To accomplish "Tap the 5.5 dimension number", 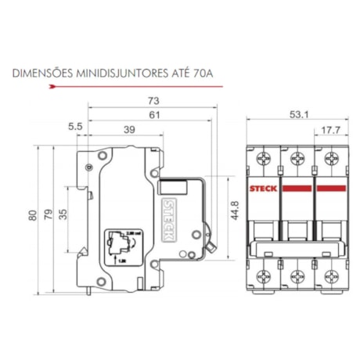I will [76, 125].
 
